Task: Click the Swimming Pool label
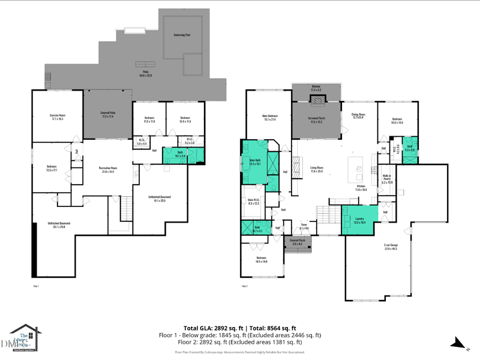click(182, 35)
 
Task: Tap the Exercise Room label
click(57, 117)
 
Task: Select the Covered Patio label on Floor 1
click(107, 114)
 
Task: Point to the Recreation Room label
click(107, 169)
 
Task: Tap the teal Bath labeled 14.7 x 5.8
click(179, 154)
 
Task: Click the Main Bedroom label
click(269, 117)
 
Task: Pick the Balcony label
click(316, 88)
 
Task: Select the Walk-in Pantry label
click(387, 178)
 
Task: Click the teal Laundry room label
click(360, 220)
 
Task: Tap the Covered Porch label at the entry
click(298, 242)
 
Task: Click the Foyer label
click(304, 227)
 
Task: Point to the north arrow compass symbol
click(460, 344)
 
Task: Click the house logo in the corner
click(25, 338)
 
